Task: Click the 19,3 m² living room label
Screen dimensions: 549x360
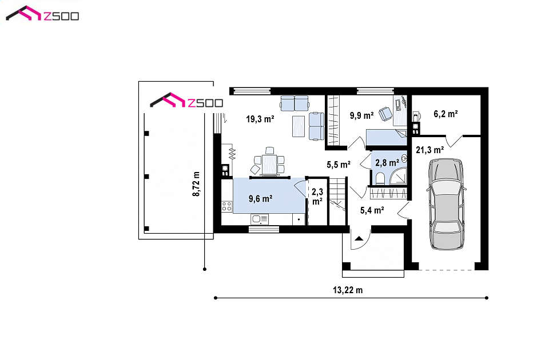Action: (x=260, y=119)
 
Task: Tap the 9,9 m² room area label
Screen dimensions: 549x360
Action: (x=361, y=115)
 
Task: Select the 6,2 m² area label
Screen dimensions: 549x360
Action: (x=445, y=114)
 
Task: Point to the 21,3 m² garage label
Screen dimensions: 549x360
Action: (x=430, y=150)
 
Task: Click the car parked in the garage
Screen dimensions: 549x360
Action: (x=447, y=204)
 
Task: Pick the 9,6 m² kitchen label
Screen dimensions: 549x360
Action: (x=261, y=199)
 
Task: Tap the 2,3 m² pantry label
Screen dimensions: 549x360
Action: (x=317, y=196)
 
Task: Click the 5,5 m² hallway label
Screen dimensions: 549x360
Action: (x=339, y=165)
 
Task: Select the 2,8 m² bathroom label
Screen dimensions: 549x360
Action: (x=387, y=163)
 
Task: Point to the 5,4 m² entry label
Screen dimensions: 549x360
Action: (x=372, y=210)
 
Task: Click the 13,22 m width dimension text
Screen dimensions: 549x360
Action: (x=348, y=290)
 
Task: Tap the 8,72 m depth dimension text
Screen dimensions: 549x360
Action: (x=196, y=183)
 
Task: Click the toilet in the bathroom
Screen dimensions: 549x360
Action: (x=380, y=179)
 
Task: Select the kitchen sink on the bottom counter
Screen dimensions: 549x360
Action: (x=260, y=219)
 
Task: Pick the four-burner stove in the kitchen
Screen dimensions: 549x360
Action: (x=226, y=206)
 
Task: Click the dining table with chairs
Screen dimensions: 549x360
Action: (x=269, y=162)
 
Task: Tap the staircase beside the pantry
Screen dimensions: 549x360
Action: (x=337, y=201)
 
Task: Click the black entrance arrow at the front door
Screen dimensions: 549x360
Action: (x=359, y=239)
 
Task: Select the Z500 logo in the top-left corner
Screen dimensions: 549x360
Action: (x=42, y=14)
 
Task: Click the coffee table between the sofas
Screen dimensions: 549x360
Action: (x=299, y=126)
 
